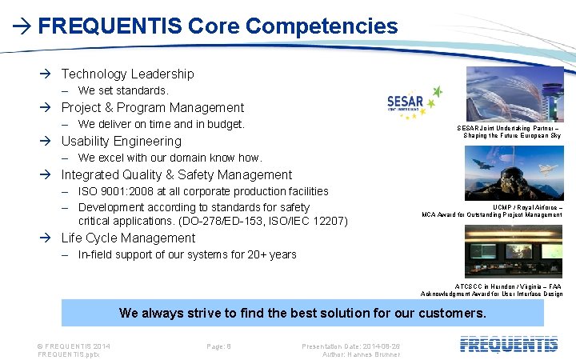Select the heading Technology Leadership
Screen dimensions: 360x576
(x=127, y=74)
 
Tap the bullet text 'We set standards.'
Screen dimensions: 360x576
(x=123, y=90)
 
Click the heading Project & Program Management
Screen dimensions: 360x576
(x=152, y=107)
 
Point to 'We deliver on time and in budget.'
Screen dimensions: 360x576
(x=161, y=124)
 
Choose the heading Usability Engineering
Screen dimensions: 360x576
(x=121, y=142)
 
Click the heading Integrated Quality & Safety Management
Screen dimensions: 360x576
(x=176, y=174)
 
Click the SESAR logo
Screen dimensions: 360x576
(x=414, y=102)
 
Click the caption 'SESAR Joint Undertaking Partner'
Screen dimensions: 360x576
(x=512, y=128)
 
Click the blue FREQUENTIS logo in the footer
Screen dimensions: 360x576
(x=509, y=345)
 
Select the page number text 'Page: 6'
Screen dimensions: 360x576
(x=218, y=346)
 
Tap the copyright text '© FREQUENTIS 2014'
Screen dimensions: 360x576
(x=74, y=346)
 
